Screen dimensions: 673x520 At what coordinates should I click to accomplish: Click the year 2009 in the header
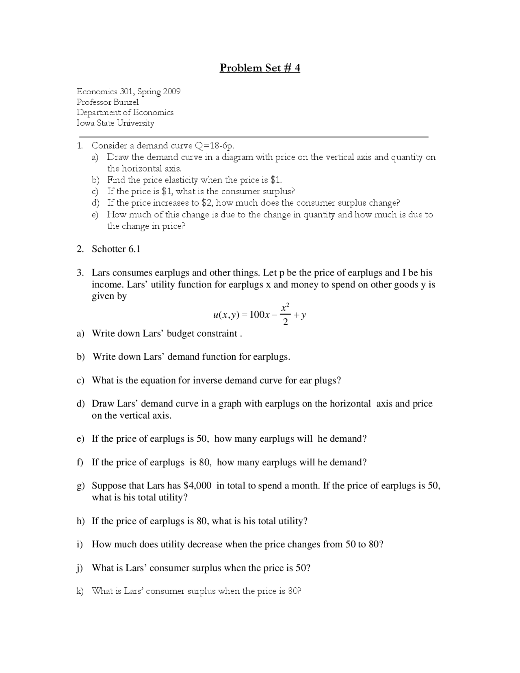tap(171, 91)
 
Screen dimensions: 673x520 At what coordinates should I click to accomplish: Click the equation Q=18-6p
tap(215, 145)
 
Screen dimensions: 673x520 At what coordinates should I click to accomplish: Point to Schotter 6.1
tap(116, 249)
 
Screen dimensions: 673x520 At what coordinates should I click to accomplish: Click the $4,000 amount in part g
tap(197, 486)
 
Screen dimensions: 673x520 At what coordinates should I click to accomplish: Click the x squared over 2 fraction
tap(285, 315)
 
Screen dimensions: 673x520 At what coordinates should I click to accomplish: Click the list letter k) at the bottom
tap(80, 591)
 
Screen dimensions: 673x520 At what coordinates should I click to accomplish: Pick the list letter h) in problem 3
tap(80, 521)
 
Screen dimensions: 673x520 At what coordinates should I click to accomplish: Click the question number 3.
tap(80, 273)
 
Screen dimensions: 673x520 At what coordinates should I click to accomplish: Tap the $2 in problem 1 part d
tap(207, 203)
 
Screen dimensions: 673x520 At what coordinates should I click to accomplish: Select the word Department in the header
tap(99, 113)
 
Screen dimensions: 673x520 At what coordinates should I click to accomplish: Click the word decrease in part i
tap(205, 544)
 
